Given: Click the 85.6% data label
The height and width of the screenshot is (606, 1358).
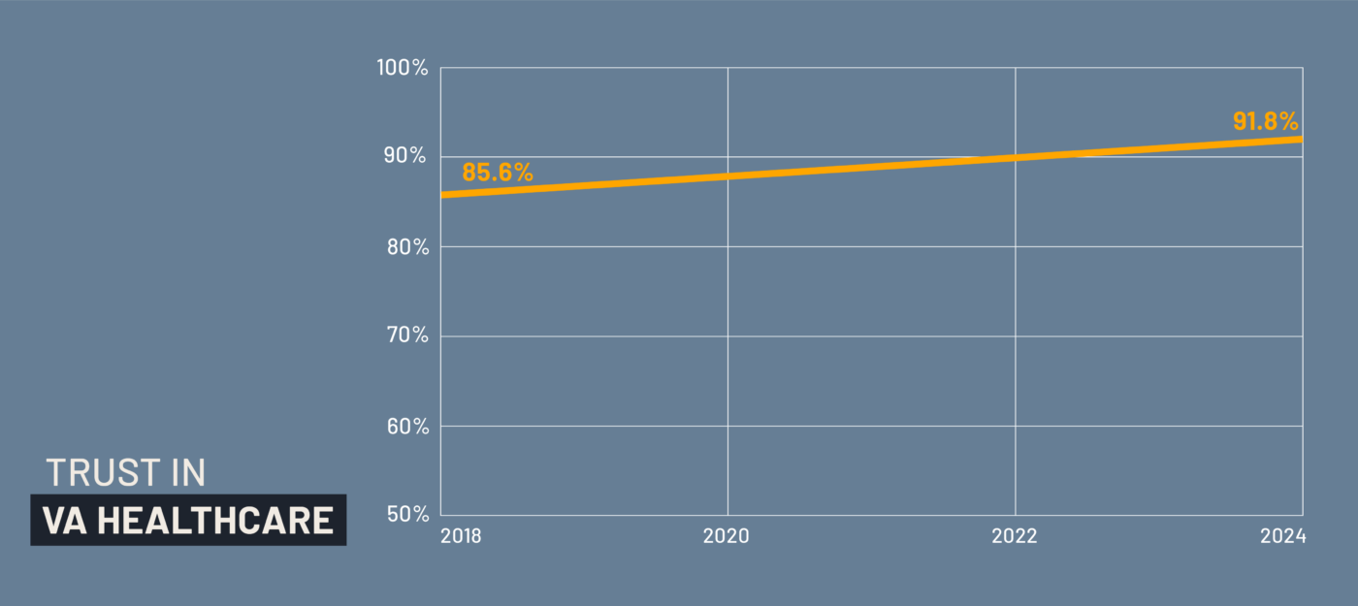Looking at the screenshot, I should [x=497, y=173].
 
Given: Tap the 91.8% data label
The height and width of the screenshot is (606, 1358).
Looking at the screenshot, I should [x=1265, y=121].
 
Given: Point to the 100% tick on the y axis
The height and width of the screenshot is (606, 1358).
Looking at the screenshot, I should [x=404, y=68].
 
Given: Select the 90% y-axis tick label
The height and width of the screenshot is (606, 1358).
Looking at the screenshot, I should [x=407, y=156].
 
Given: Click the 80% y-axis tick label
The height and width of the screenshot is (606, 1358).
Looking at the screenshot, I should [x=407, y=246].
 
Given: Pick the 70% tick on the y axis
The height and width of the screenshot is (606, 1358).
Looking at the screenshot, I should [x=407, y=335].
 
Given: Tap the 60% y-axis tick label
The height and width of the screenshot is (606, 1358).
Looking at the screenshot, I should [x=407, y=426].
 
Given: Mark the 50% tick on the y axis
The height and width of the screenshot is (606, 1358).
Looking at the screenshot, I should [x=407, y=514].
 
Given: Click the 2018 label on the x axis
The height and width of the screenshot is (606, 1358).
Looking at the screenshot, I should [x=461, y=536].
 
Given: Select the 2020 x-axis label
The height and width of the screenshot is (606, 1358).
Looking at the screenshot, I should [x=727, y=536].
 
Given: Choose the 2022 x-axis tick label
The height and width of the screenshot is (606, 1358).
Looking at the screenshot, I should [x=1015, y=536].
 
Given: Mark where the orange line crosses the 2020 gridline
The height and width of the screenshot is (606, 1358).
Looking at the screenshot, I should [x=727, y=175].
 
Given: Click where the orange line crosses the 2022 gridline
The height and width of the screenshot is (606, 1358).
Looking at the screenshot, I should [x=1015, y=157].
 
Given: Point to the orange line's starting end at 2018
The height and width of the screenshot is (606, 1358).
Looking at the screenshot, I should [x=442, y=195].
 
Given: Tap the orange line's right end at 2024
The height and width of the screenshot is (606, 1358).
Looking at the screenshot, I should [x=1301, y=139].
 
